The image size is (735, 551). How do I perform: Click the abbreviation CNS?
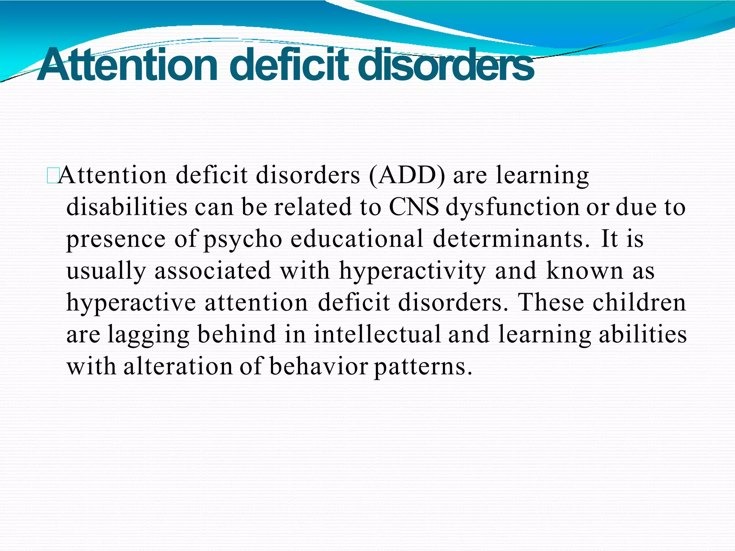click(x=414, y=207)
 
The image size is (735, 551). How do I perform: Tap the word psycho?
click(x=243, y=240)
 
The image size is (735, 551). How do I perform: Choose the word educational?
click(x=357, y=239)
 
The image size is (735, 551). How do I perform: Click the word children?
click(x=639, y=302)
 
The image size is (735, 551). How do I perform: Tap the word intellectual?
click(x=377, y=334)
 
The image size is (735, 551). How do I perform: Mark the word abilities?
click(x=643, y=334)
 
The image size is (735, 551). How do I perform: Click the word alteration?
click(x=178, y=366)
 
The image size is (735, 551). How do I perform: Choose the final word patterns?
click(x=423, y=367)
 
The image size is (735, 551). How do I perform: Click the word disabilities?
click(x=127, y=207)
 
